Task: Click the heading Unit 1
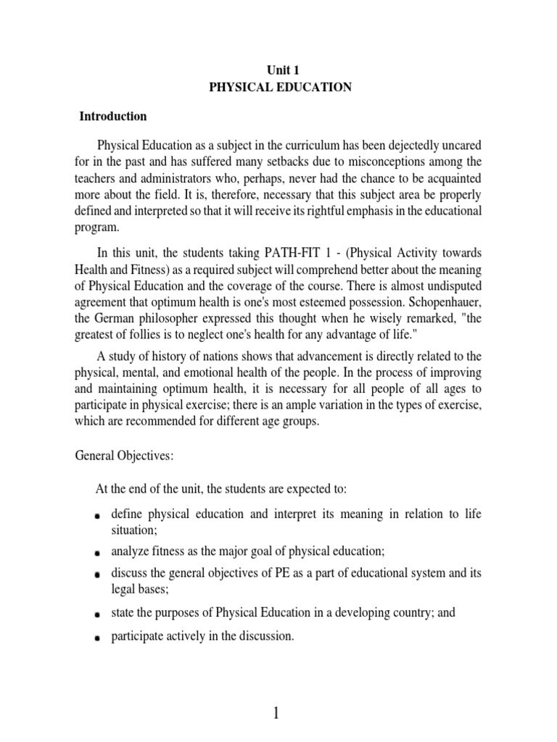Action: tap(278, 70)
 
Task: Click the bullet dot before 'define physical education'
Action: tap(96, 517)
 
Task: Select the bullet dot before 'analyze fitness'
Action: tap(96, 552)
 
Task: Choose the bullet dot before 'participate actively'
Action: tap(96, 638)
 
